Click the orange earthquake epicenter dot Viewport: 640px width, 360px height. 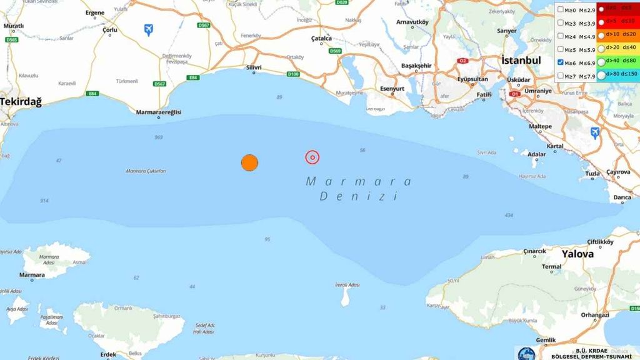pyautogui.click(x=249, y=162)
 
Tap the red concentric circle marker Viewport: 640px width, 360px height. pyautogui.click(x=312, y=157)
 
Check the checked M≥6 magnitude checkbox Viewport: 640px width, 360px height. pyautogui.click(x=561, y=63)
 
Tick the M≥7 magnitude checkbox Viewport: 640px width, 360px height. pyautogui.click(x=561, y=76)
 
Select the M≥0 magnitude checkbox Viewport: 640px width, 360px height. pyautogui.click(x=561, y=10)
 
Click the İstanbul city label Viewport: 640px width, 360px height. pyautogui.click(x=521, y=61)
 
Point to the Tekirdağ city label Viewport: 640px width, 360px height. pyautogui.click(x=21, y=101)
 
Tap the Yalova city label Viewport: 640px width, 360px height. pyautogui.click(x=577, y=254)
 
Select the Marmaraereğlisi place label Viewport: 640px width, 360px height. pyautogui.click(x=159, y=112)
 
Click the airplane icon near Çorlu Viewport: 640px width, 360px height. pyautogui.click(x=149, y=29)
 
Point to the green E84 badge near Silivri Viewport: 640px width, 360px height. pyautogui.click(x=194, y=78)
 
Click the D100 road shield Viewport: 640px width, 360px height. pyautogui.click(x=293, y=74)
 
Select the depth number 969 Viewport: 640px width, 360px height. pyautogui.click(x=158, y=137)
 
